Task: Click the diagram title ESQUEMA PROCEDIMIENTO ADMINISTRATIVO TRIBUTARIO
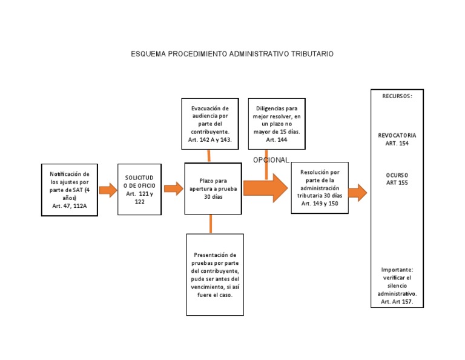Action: coord(232,54)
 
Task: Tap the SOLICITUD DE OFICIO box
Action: coord(139,189)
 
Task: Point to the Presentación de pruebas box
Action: coord(214,274)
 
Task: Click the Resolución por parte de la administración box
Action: coord(320,188)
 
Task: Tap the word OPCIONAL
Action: coord(271,159)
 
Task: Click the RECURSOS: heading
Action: coord(397,96)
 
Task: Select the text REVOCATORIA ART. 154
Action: coord(397,139)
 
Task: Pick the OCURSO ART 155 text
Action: coord(397,179)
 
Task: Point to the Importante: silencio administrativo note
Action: coord(397,285)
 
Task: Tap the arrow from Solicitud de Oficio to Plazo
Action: coord(173,188)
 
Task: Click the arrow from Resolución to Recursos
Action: coord(358,193)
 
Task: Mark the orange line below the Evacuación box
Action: coord(209,156)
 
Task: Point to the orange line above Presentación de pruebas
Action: coord(211,224)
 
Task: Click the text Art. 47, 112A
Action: coord(69,205)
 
